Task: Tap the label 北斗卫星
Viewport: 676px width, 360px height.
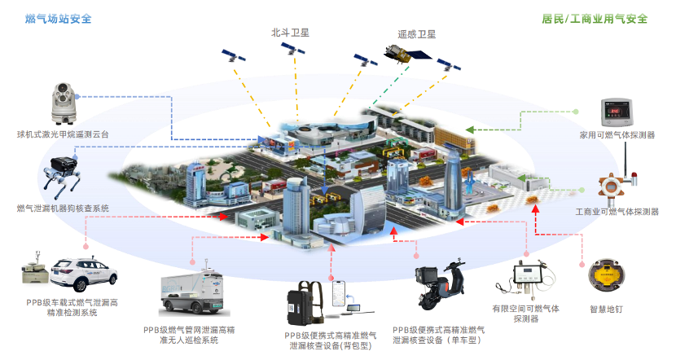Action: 291,33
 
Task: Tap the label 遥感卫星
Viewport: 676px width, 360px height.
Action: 415,34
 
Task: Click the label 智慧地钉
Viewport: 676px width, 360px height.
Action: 607,310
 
